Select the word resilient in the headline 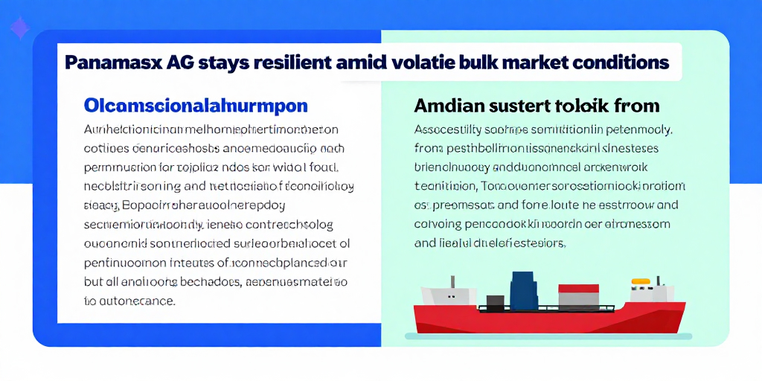[296, 63]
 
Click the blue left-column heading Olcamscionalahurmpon [196, 105]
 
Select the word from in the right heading [633, 105]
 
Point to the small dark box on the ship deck [495, 301]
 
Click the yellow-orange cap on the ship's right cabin [640, 282]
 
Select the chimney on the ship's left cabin [452, 282]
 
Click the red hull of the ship [551, 320]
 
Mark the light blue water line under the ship [551, 336]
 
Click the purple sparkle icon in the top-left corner [18, 29]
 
